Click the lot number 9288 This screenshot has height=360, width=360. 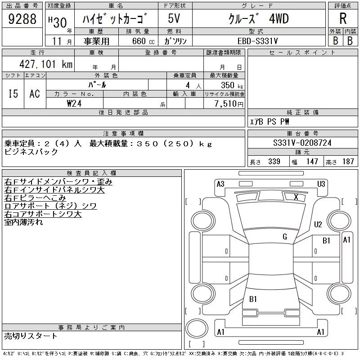(x=22, y=19)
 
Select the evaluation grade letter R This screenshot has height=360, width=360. (x=343, y=18)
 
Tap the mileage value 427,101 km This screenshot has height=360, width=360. (x=46, y=64)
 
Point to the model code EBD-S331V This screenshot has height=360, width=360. (x=257, y=41)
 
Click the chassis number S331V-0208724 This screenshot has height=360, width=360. (x=302, y=143)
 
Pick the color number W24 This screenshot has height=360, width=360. (x=74, y=103)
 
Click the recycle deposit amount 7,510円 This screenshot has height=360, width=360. (x=229, y=104)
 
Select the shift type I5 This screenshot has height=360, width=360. (x=13, y=94)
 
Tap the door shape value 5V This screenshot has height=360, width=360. (x=174, y=18)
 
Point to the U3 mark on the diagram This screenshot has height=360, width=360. (x=321, y=184)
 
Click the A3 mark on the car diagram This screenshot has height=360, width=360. (x=220, y=184)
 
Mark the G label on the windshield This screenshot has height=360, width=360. (x=285, y=236)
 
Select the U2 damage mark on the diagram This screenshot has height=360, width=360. (x=318, y=224)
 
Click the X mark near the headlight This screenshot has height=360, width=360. (x=296, y=197)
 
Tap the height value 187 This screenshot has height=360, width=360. (x=348, y=162)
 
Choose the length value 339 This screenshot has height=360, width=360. (x=274, y=162)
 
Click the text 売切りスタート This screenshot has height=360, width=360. (x=31, y=336)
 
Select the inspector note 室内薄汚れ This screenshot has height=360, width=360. (x=23, y=222)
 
